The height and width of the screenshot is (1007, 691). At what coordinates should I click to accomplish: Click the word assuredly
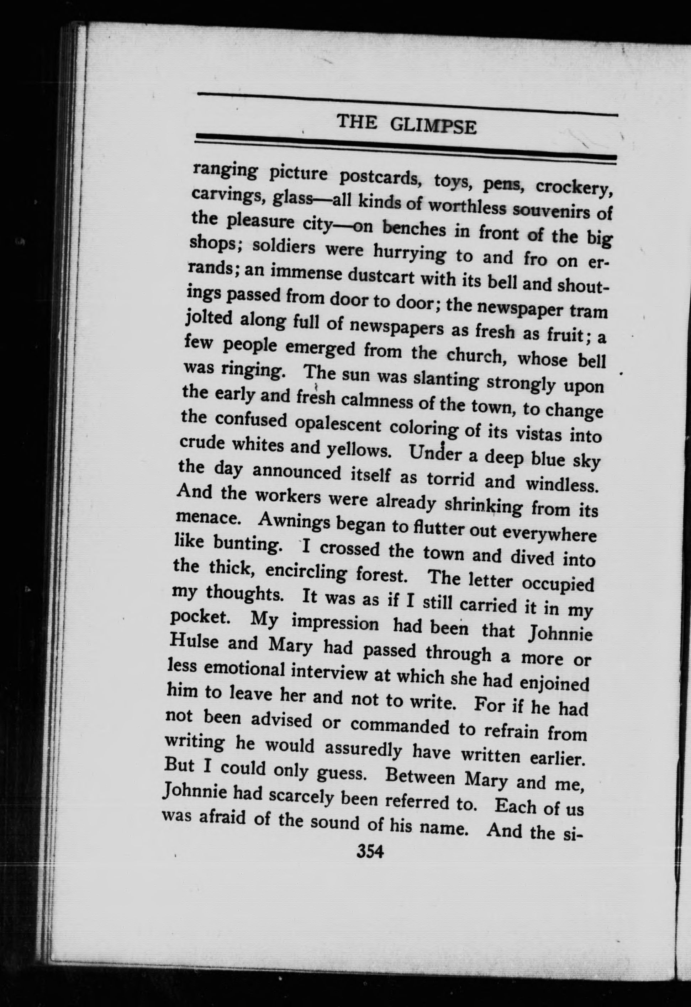click(363, 749)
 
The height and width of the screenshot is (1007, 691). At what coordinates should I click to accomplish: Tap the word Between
click(421, 777)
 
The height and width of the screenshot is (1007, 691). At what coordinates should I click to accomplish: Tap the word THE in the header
click(356, 123)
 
